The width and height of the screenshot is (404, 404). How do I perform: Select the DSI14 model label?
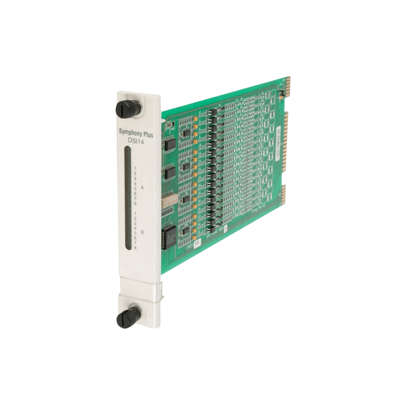(x=136, y=141)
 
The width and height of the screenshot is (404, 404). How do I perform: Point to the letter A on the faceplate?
(x=142, y=188)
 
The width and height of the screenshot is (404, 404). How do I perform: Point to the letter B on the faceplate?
(x=142, y=233)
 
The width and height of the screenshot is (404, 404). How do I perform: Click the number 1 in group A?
(x=135, y=168)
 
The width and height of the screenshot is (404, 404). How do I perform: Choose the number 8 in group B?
(x=135, y=247)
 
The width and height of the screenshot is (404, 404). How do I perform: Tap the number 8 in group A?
(x=135, y=203)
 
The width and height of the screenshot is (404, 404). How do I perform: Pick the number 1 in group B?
(x=135, y=213)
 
